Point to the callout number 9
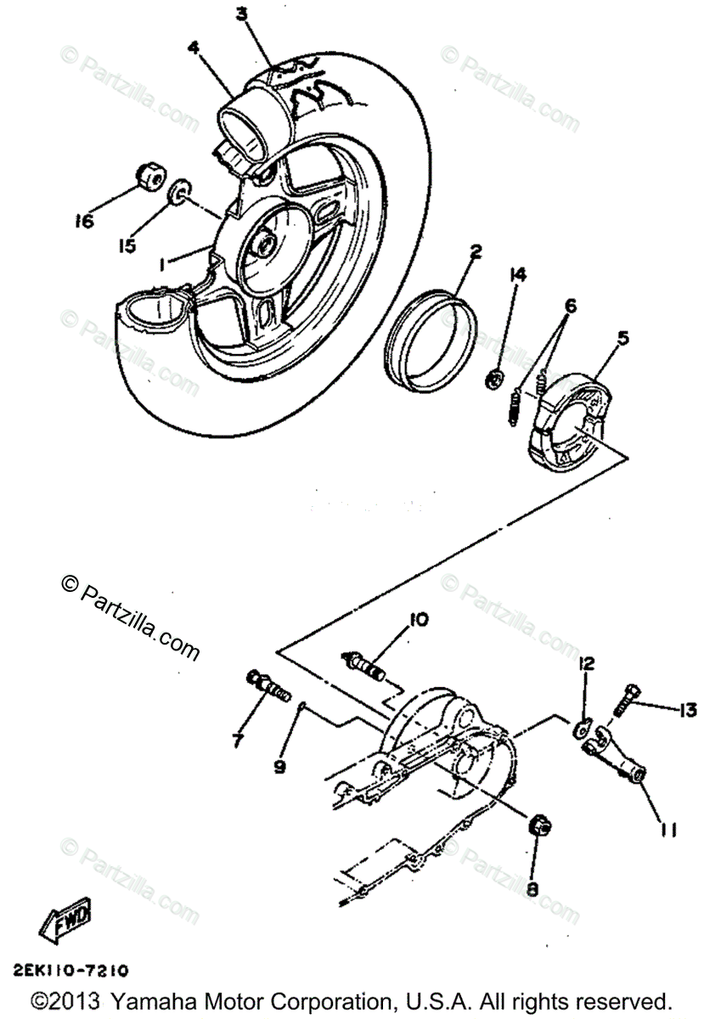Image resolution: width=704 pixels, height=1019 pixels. tap(280, 765)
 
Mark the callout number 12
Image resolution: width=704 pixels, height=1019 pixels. tap(586, 663)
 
